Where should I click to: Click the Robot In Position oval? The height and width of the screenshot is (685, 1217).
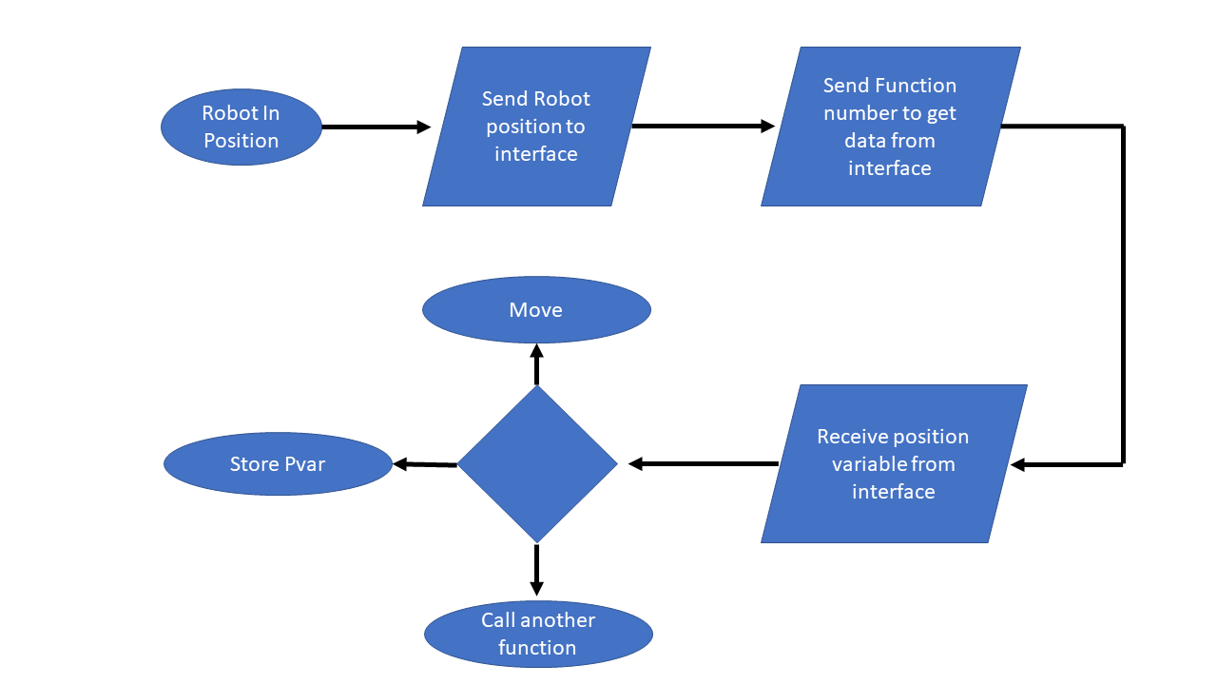(x=241, y=127)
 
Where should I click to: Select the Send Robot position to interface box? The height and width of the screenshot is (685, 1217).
(x=536, y=127)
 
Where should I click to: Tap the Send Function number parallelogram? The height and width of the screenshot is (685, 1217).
(x=890, y=127)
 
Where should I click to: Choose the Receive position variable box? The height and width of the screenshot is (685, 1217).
(x=894, y=464)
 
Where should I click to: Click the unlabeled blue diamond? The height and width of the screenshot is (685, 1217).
(x=537, y=464)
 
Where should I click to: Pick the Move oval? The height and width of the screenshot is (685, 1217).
(x=536, y=310)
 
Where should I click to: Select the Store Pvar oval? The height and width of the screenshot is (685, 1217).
(x=278, y=464)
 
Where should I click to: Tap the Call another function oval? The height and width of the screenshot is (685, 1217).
(x=538, y=634)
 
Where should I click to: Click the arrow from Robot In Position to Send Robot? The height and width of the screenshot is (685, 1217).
(x=376, y=127)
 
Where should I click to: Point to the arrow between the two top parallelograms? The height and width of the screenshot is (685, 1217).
(x=704, y=126)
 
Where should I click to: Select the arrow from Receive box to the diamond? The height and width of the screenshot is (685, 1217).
(x=704, y=464)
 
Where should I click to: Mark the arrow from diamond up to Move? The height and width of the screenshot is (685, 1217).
(x=537, y=364)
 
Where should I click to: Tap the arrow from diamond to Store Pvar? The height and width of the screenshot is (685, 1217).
(x=425, y=464)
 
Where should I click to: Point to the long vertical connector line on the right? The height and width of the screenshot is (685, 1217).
(x=1124, y=295)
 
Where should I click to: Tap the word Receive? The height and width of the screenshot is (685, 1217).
(x=852, y=437)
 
